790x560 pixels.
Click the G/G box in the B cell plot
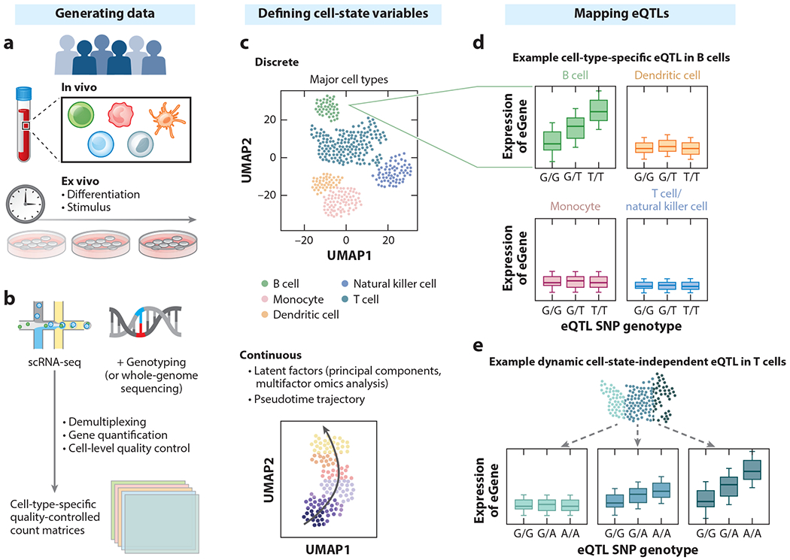point(552,140)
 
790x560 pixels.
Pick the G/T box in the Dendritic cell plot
point(667,147)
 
